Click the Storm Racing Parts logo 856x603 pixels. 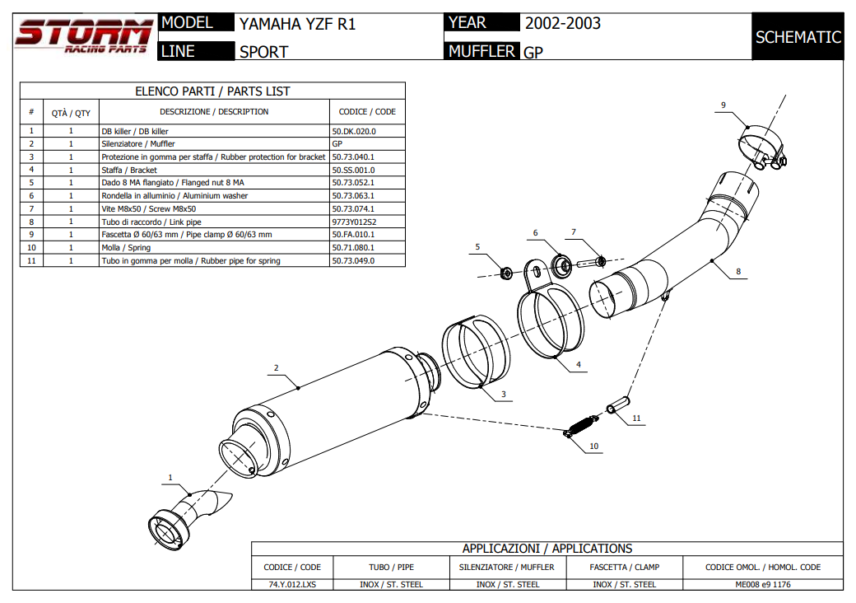tap(83, 36)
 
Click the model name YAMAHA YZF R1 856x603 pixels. tap(297, 24)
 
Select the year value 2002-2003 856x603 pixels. tap(563, 23)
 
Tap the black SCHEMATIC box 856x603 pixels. tap(798, 37)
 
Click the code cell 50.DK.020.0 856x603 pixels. tap(354, 131)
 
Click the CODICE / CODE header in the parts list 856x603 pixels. tap(367, 112)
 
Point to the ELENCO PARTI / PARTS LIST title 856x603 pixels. tap(212, 91)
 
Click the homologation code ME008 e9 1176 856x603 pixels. tap(762, 584)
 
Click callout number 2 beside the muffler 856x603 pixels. tap(276, 367)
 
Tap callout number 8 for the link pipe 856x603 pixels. tap(738, 271)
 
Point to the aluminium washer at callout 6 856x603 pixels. tap(562, 264)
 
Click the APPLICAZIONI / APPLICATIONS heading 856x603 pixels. tap(547, 549)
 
